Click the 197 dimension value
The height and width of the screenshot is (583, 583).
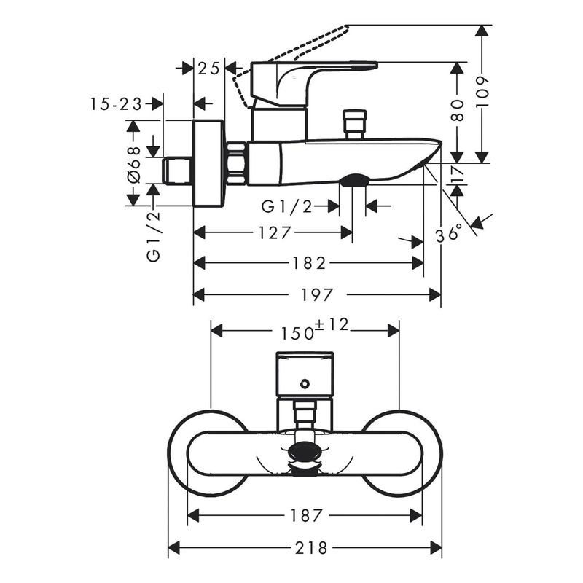pos(318,294)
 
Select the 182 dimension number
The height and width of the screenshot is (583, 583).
pos(310,263)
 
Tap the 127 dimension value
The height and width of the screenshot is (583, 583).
pos(275,232)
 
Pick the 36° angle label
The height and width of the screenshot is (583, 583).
pos(449,233)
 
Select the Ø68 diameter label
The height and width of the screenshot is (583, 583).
pos(133,164)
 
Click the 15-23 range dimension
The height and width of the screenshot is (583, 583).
pos(117,104)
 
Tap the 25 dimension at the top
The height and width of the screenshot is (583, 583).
pos(209,69)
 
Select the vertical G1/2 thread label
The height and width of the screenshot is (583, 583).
pos(153,235)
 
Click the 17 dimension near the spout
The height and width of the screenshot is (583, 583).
pos(457,174)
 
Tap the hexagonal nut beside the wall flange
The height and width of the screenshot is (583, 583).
pos(237,163)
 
